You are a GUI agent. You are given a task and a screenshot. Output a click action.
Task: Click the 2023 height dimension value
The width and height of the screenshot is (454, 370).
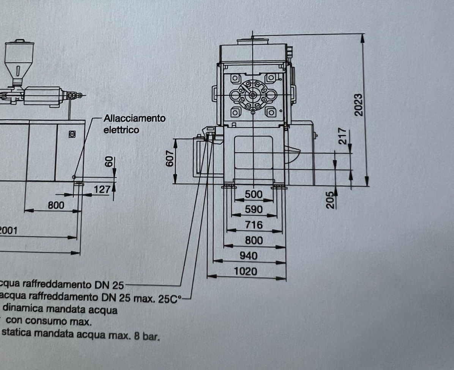358,105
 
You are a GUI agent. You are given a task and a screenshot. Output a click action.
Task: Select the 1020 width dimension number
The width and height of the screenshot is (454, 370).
245,271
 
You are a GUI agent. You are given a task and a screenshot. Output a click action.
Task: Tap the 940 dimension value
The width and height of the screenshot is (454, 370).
248,256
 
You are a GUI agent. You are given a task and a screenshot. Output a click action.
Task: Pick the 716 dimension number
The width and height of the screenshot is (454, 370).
254,225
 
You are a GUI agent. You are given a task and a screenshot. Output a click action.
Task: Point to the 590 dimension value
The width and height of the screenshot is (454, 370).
254,209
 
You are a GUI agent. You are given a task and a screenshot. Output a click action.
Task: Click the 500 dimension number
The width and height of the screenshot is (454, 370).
254,194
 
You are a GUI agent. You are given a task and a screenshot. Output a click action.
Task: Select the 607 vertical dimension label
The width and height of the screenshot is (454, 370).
170,158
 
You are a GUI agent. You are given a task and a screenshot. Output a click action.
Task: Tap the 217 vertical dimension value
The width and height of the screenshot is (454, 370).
342,136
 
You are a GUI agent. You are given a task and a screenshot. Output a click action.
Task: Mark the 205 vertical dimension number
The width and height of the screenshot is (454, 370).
330,200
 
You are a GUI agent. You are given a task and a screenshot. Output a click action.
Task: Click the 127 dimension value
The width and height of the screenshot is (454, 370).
102,190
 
